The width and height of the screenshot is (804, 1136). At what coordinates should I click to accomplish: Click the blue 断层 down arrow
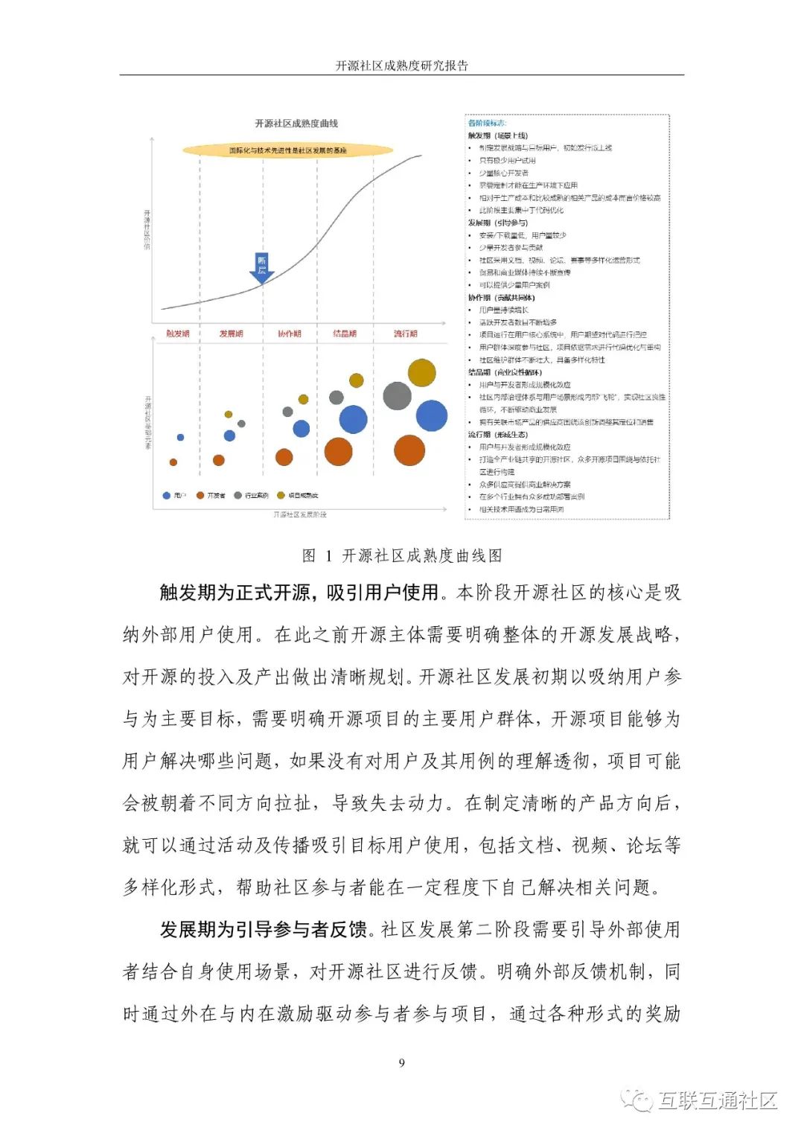coord(262,268)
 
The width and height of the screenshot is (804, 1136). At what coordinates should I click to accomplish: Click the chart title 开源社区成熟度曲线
coord(296,124)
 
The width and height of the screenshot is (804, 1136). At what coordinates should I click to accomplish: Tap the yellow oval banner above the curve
coord(287,150)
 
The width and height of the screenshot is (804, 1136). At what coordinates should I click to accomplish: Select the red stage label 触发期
coord(178,334)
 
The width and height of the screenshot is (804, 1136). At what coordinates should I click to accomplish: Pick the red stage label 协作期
coord(290,334)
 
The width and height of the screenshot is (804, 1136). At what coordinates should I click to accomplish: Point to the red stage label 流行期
coord(406,334)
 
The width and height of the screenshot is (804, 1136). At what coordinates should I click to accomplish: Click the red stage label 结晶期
coord(345,334)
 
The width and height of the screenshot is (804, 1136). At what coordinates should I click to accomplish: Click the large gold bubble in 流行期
coord(421,373)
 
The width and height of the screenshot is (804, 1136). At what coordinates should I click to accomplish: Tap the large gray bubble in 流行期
coord(397,396)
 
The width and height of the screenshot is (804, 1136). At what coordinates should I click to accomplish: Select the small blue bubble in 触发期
coord(180,437)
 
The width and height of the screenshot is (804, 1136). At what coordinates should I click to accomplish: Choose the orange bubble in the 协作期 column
coord(284,457)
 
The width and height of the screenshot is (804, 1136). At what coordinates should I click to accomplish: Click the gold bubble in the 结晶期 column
coord(357,380)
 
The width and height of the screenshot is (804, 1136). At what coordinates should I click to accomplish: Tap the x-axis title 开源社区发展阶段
coord(299,514)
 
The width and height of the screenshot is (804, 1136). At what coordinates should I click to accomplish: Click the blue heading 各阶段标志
coord(486,123)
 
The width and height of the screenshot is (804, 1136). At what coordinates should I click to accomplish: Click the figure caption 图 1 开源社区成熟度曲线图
coord(402,555)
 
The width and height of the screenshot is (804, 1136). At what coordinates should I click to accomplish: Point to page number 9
coord(402,1062)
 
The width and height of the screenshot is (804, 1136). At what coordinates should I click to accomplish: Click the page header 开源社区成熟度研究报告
coord(402,66)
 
